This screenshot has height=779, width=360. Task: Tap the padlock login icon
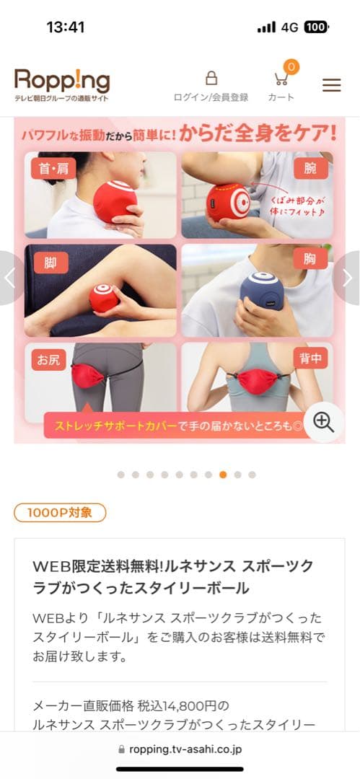tap(211, 78)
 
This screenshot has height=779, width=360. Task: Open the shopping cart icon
tap(281, 79)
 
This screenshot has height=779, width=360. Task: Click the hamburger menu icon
tap(331, 84)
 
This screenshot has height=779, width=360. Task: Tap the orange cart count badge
tap(291, 66)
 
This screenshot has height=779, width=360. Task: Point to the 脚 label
tap(51, 263)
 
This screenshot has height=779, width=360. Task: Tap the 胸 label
tap(311, 263)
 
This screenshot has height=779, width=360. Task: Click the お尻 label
tap(48, 359)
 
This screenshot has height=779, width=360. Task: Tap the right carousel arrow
tap(348, 278)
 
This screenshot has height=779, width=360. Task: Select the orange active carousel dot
tap(223, 475)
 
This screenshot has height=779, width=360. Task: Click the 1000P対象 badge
tap(60, 513)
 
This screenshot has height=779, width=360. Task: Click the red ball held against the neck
tap(115, 201)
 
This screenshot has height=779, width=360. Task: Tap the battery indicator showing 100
tap(315, 27)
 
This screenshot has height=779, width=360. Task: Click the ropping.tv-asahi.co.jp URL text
tap(185, 749)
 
